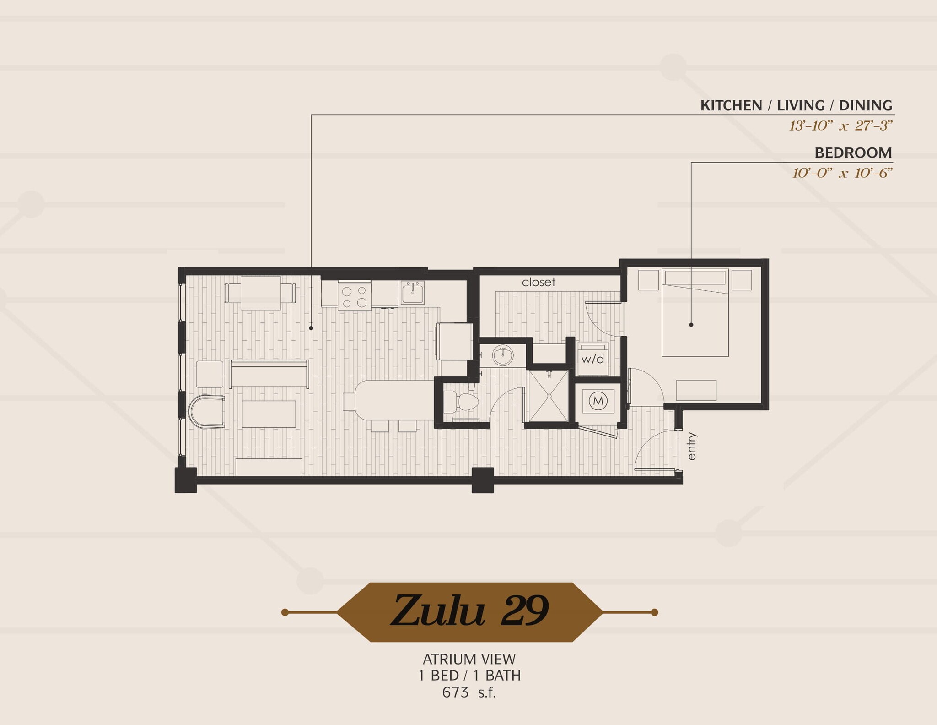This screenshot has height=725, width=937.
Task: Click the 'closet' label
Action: [x=539, y=282]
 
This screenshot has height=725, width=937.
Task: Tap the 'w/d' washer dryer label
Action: [x=592, y=359]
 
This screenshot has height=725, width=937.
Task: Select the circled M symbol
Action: [x=598, y=401]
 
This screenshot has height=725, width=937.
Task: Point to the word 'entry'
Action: [x=691, y=446]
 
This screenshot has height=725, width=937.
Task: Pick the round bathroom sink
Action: [x=502, y=355]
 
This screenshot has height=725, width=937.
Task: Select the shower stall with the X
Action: [x=549, y=396]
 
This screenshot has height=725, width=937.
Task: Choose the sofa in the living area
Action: [x=269, y=373]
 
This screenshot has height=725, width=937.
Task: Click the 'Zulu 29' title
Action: [x=469, y=611]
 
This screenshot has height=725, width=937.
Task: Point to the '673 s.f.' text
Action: [x=469, y=692]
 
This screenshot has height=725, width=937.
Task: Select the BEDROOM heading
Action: [x=853, y=153]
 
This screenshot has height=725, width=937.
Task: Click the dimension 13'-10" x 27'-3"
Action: [x=840, y=125]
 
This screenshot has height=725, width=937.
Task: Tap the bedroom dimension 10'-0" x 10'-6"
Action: [x=842, y=173]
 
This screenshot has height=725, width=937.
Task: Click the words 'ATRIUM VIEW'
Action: [x=469, y=659]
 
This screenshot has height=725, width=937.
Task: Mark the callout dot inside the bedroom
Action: [x=691, y=325]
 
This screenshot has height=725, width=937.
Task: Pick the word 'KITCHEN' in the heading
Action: [x=731, y=106]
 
